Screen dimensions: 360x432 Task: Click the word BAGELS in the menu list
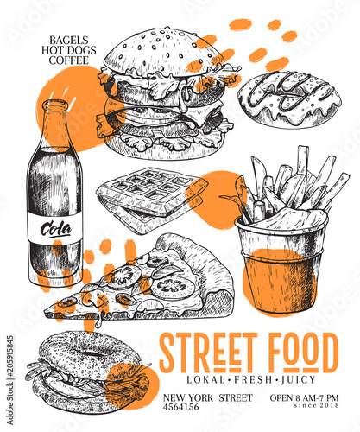point(68,40)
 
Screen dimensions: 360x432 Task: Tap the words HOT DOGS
point(69,50)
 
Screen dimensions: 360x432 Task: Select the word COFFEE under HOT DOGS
point(69,60)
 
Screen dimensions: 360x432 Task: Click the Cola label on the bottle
point(56,229)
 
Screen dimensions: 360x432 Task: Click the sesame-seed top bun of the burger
point(164,52)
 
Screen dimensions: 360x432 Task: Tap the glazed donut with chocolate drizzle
point(289,100)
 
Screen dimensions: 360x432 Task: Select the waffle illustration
point(152,199)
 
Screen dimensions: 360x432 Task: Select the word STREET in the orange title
point(208,353)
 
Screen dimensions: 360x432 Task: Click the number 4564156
point(180,407)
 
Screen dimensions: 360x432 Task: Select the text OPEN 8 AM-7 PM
point(304,398)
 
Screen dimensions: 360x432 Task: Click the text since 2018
point(316,405)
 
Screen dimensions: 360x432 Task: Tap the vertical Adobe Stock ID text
point(10,379)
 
